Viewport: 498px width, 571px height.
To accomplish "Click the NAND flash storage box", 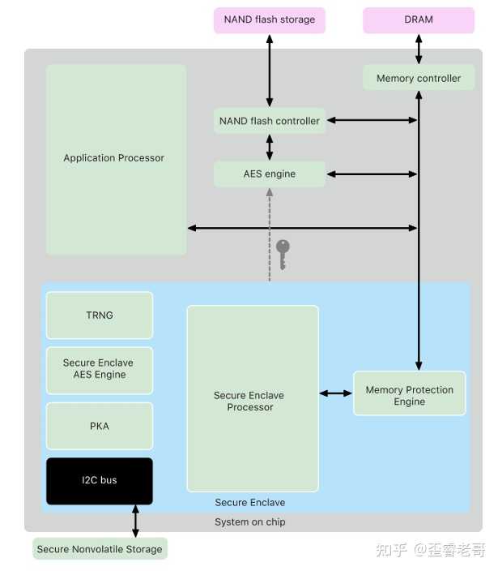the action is (x=270, y=20).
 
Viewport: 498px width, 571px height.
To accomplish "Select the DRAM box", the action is (x=419, y=20).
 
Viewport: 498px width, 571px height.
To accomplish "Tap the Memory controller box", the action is (x=419, y=78).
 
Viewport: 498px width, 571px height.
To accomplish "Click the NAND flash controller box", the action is (x=270, y=121).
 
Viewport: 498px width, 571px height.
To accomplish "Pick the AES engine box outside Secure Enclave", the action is (x=270, y=174).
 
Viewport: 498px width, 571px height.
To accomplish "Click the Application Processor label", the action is (x=114, y=158).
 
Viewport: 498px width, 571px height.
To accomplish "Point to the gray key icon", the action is (x=283, y=255).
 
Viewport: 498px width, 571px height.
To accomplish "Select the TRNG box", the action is (x=100, y=316).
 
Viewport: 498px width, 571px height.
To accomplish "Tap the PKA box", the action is (x=100, y=426).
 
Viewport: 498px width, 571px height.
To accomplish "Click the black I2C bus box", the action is (x=100, y=481).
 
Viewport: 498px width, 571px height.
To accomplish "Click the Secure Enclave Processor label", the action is (x=249, y=401).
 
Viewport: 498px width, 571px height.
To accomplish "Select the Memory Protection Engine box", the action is (x=409, y=393).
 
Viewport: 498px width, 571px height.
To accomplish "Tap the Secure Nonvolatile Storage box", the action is (x=100, y=549).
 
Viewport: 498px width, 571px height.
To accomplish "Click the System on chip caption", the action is (x=250, y=522).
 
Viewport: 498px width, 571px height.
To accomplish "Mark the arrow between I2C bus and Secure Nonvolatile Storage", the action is (x=135, y=521).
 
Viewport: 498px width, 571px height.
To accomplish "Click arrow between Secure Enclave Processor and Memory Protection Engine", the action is (x=336, y=393).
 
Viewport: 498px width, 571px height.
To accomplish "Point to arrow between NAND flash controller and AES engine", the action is (x=270, y=147).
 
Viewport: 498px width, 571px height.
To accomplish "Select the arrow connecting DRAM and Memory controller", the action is (x=419, y=49).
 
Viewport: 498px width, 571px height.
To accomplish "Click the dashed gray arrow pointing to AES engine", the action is (x=270, y=235).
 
